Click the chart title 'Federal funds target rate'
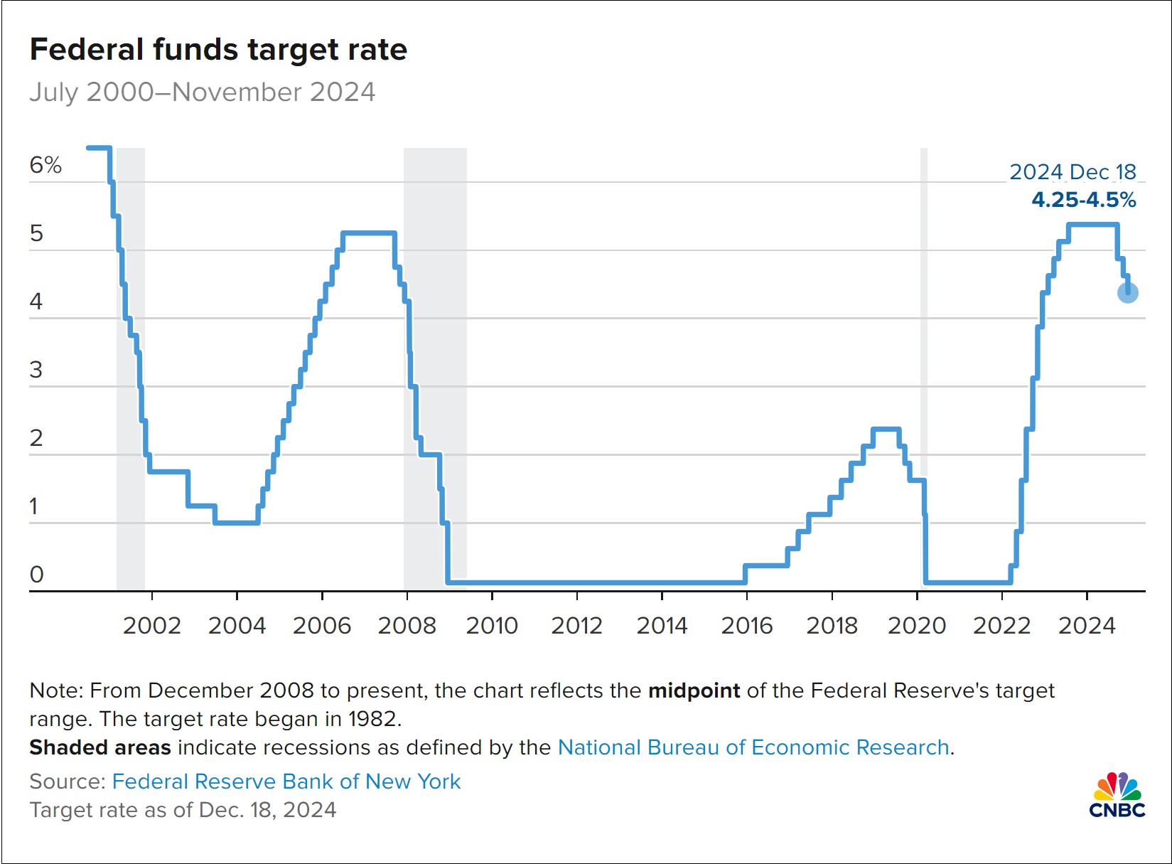point(218,50)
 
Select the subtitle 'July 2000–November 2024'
point(202,92)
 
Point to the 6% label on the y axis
point(45,165)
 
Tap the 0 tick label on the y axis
point(37,574)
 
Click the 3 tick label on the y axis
point(36,370)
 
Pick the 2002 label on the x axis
point(152,626)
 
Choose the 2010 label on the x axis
point(492,626)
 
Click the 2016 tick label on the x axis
point(747,626)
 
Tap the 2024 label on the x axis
point(1087,626)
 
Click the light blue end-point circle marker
point(1128,292)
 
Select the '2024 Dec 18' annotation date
point(1072,172)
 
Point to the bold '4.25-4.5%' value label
point(1084,200)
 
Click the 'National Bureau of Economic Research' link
point(753,747)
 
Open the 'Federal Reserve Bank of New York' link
point(286,782)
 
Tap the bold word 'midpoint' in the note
point(694,690)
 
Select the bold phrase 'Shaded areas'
point(100,747)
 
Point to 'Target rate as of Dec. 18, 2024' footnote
point(183,810)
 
